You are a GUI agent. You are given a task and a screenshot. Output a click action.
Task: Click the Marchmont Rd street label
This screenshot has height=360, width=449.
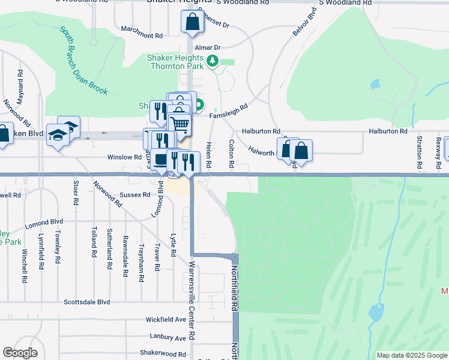click(142, 36)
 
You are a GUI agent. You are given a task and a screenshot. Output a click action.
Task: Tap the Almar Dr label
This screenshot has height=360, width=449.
click(209, 47)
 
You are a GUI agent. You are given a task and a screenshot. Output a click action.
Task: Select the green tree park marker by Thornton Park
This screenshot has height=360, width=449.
click(212, 61)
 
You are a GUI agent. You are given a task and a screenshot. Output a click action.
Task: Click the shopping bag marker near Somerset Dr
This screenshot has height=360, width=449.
click(191, 22)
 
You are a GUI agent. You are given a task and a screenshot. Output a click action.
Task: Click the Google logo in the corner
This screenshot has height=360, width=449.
click(20, 353)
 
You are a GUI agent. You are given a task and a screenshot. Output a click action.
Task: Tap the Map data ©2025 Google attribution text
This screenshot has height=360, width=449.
click(411, 355)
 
